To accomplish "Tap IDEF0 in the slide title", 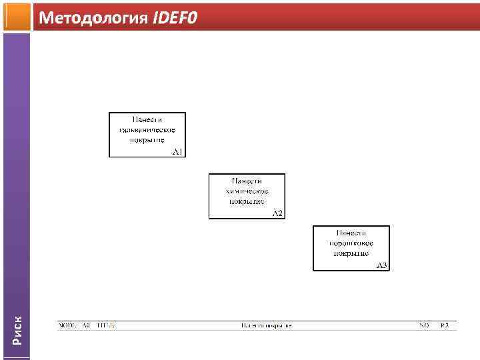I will click(x=175, y=18).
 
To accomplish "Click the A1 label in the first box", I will click(x=178, y=152).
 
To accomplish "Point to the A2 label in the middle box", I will click(x=278, y=213).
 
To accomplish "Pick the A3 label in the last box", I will click(x=382, y=265).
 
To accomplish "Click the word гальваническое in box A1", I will click(x=147, y=129).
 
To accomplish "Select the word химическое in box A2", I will click(x=247, y=191).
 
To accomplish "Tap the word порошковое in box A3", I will click(x=351, y=243).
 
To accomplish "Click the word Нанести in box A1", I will click(x=147, y=119).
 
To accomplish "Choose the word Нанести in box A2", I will click(x=247, y=181).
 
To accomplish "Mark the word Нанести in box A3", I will click(x=351, y=233).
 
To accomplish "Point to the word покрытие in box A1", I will click(x=147, y=139).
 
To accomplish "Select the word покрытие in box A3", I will click(x=351, y=253).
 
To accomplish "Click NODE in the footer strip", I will click(x=68, y=326).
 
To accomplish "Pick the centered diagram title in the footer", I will click(x=267, y=326).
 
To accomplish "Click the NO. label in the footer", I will click(x=424, y=326).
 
